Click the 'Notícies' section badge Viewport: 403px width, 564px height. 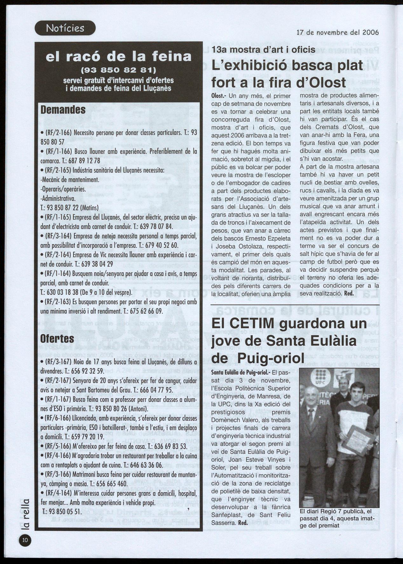pos(65,28)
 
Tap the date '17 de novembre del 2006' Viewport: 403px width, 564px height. pos(338,32)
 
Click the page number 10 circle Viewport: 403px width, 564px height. pos(25,540)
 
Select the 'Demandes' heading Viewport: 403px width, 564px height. pos(63,110)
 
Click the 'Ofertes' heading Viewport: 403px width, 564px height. pos(57,339)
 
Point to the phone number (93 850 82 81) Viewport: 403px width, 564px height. pos(119,69)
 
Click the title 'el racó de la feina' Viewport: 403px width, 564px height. pos(119,57)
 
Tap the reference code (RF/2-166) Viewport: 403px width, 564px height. pos(58,133)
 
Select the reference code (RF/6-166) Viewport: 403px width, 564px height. pos(58,418)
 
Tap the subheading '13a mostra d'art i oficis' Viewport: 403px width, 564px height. pos(263,50)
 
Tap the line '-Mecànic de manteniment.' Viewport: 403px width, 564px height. pos(70,180)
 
